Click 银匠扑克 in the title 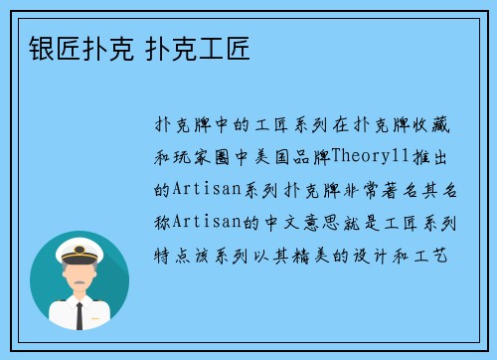[70, 47]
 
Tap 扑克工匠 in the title [196, 47]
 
